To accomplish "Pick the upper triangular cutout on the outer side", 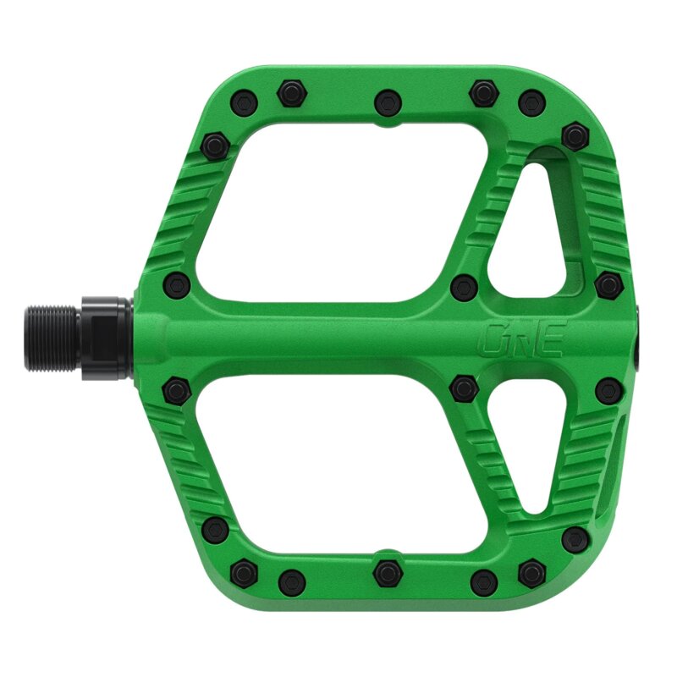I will tap(531, 224).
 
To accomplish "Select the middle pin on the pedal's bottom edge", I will tap(387, 571).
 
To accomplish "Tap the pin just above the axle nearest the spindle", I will tap(176, 284).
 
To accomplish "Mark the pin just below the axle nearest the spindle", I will tap(176, 390).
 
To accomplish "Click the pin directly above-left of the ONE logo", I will tap(463, 287).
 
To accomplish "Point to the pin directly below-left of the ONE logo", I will tap(463, 388).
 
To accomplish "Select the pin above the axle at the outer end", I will tap(607, 285).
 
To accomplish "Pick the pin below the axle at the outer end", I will tap(607, 390).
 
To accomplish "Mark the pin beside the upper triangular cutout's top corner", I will tap(575, 135).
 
